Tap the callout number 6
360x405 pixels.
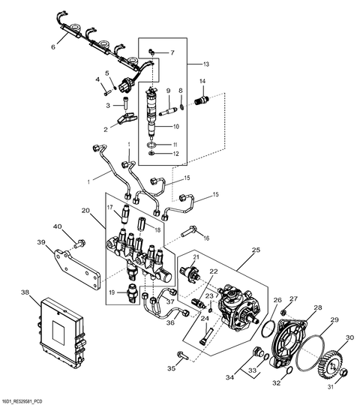coord(52,47)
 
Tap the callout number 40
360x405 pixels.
coord(57,226)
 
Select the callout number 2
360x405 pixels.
coord(106,130)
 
